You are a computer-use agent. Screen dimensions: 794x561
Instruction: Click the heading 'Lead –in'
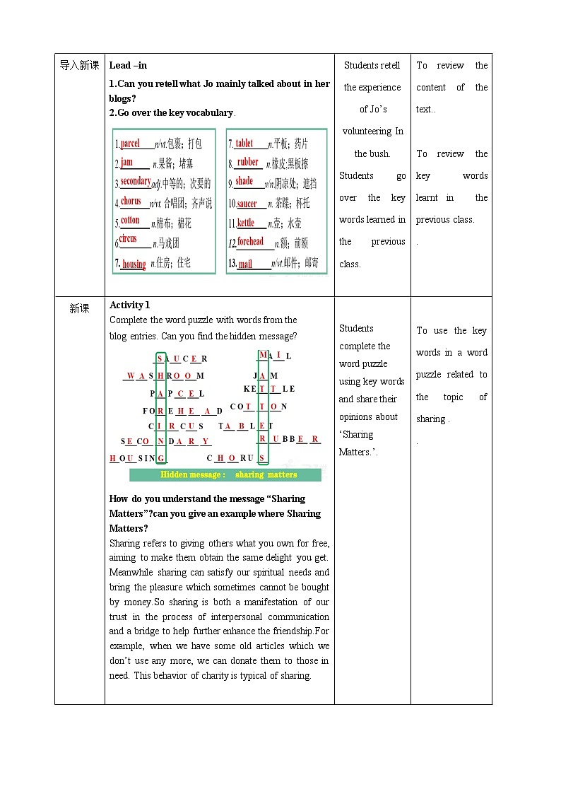point(128,66)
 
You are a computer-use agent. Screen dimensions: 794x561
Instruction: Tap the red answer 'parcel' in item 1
point(130,144)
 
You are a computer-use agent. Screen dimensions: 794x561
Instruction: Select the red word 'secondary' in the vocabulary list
point(135,181)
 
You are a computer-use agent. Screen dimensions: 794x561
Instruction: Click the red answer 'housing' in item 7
point(134,264)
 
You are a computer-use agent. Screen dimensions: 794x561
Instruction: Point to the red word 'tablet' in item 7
point(244,144)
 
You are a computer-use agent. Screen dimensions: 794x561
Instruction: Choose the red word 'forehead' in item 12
point(250,242)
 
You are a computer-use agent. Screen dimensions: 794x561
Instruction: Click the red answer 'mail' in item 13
point(245,264)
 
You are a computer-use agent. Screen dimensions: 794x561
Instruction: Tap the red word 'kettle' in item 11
point(245,223)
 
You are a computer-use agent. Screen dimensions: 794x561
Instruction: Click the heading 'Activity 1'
point(130,305)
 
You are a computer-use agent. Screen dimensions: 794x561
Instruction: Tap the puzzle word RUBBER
point(289,439)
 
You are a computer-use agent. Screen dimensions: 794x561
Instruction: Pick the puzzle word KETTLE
point(268,389)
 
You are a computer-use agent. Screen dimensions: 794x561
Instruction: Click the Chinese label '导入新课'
point(79,66)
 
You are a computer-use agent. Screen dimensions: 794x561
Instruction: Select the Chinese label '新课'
point(79,308)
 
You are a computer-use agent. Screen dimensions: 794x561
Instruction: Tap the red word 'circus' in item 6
point(128,239)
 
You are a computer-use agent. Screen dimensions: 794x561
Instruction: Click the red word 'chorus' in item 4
point(131,202)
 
